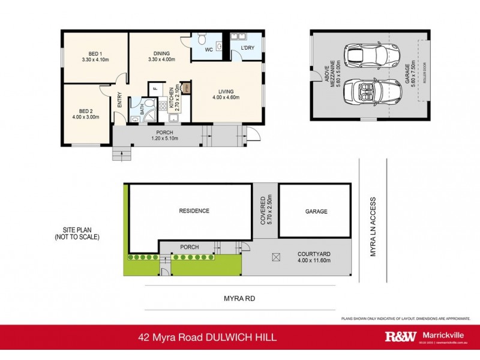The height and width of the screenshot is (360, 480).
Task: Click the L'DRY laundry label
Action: (247, 47)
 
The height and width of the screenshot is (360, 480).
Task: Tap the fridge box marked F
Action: (155, 89)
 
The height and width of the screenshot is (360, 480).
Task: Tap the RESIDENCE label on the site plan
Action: (193, 211)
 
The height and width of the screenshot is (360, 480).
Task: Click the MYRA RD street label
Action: (239, 295)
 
